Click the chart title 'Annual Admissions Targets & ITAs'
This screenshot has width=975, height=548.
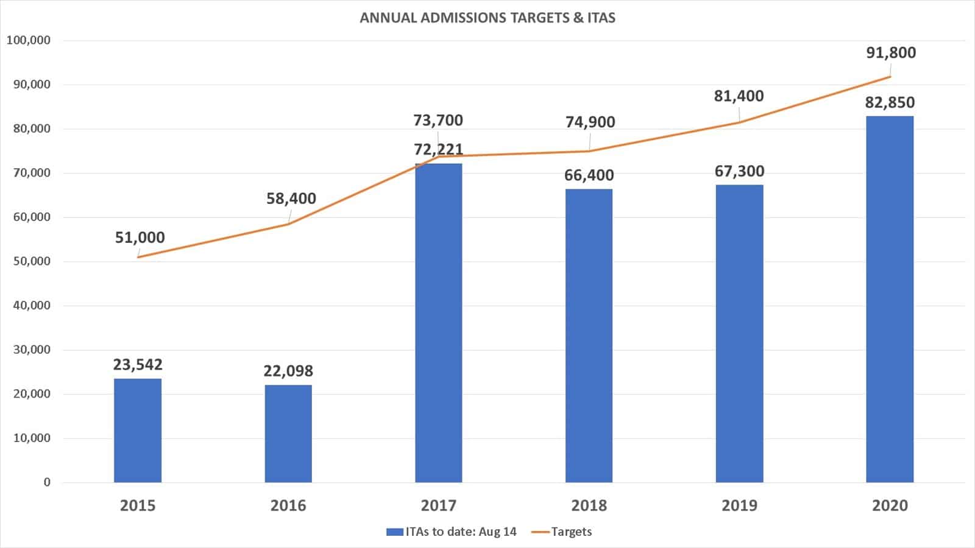click(x=487, y=18)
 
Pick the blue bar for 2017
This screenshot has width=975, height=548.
click(x=439, y=323)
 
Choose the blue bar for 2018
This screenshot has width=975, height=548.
click(x=589, y=335)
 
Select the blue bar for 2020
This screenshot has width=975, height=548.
click(x=890, y=299)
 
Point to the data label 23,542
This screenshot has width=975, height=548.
click(x=138, y=365)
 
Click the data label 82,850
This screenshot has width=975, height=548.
click(x=890, y=102)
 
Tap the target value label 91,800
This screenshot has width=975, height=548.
click(x=891, y=53)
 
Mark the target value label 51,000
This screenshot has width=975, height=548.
click(x=140, y=237)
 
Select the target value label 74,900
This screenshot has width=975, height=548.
click(x=590, y=122)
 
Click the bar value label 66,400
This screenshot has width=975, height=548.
click(x=589, y=175)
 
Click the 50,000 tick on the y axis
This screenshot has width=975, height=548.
click(x=32, y=261)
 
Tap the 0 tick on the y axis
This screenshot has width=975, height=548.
click(x=47, y=482)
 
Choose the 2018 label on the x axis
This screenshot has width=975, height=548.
click(x=589, y=505)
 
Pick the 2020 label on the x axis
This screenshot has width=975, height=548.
click(x=890, y=505)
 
